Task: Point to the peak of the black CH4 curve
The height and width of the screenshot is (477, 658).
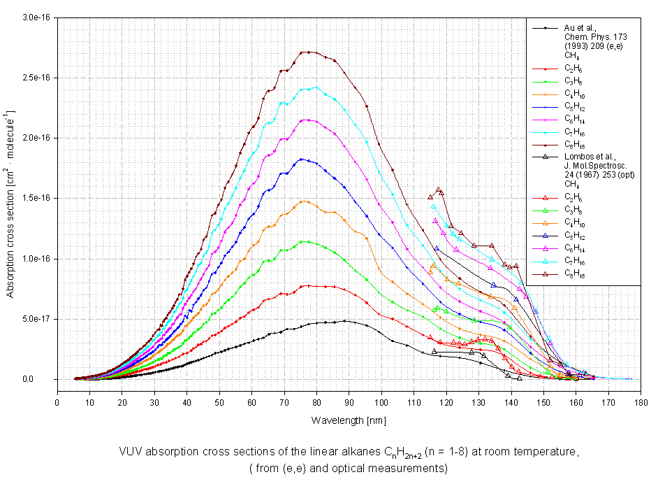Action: [x=345, y=321]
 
